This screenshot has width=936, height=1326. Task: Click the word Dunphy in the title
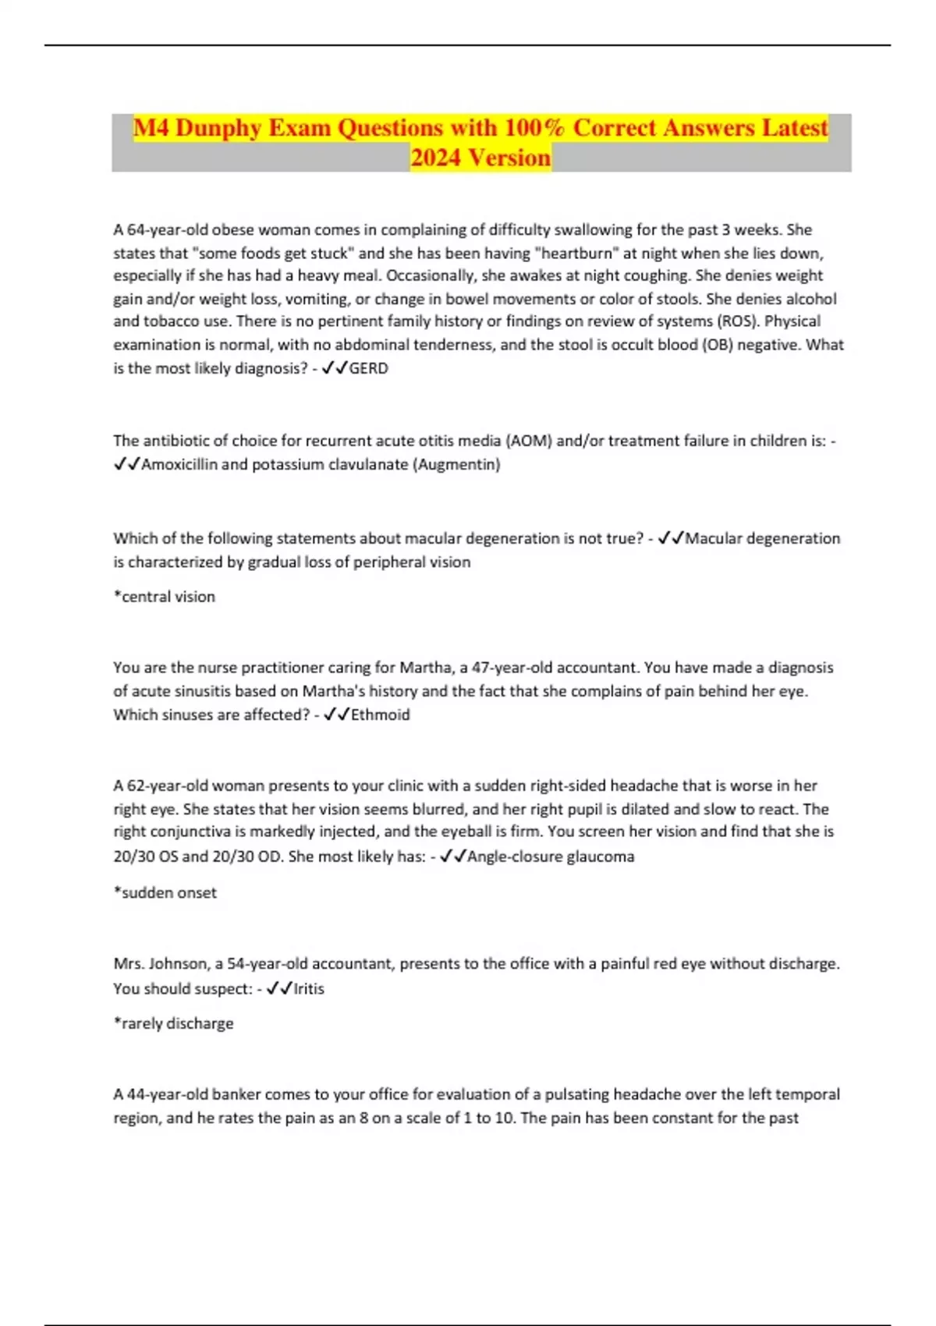tap(219, 128)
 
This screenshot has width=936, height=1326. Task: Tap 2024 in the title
tap(436, 158)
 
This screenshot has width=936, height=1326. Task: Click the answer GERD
tap(368, 368)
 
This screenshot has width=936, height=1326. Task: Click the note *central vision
tap(165, 597)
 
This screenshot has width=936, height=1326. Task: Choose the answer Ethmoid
tap(380, 714)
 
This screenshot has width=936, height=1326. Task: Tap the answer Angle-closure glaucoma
tap(551, 856)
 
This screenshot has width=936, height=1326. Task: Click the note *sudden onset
tap(165, 893)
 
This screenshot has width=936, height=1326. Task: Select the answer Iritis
tap(308, 988)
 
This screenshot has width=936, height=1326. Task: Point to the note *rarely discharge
tap(174, 1023)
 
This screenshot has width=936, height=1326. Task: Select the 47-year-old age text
tap(511, 668)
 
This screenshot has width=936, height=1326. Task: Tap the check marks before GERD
tap(335, 368)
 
